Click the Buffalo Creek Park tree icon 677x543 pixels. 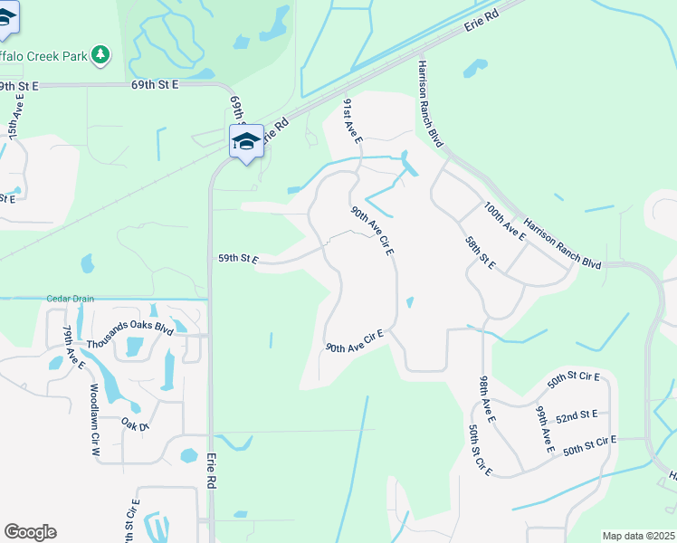point(100,55)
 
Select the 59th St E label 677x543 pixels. point(238,259)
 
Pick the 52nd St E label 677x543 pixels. point(577,415)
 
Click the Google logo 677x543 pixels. point(30,532)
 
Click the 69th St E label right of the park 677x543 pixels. point(155,84)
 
